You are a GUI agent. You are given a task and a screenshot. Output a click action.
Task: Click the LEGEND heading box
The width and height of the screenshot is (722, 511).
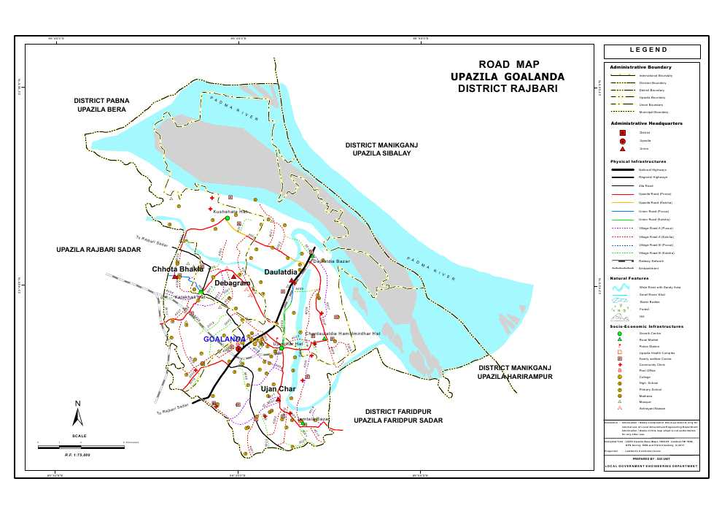[x=652, y=51]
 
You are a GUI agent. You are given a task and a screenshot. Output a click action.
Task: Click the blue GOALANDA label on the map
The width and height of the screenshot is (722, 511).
[x=224, y=339]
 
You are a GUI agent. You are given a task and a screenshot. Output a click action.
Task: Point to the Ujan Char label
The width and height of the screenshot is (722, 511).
[x=277, y=389]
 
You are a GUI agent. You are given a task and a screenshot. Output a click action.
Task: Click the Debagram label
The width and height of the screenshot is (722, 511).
[x=233, y=283]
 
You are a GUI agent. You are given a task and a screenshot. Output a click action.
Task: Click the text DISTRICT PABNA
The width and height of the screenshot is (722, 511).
[x=101, y=99]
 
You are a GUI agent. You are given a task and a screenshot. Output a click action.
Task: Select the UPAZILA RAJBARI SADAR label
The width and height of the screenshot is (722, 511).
[x=98, y=250]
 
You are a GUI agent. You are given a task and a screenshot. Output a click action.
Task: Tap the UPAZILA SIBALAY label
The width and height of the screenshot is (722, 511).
[x=381, y=155]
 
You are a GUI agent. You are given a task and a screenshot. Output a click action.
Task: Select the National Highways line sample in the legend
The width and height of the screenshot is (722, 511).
[x=622, y=169]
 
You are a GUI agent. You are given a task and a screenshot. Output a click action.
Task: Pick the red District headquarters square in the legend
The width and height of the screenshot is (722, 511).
[x=622, y=133]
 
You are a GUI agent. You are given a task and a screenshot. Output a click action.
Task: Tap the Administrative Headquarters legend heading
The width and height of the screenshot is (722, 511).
[x=646, y=123]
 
